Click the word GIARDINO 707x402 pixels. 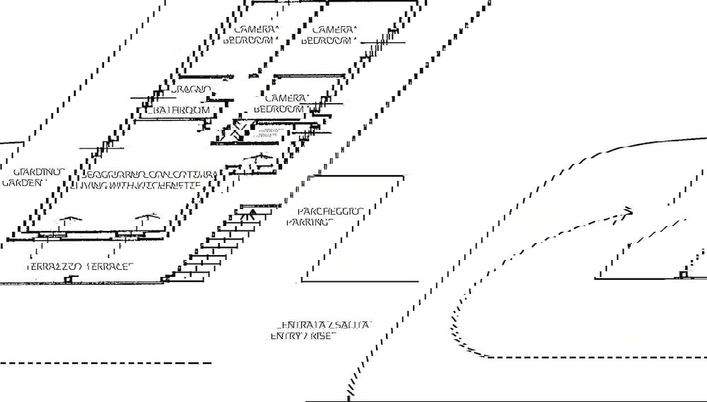point(39,172)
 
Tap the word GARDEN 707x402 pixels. point(24,182)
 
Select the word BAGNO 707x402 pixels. point(192,89)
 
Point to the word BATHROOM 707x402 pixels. point(182,110)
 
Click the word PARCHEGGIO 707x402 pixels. point(329,211)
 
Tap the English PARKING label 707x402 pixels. point(310,222)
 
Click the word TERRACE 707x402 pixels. point(110,267)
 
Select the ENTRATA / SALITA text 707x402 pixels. point(324,324)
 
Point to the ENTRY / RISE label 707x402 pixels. point(303,336)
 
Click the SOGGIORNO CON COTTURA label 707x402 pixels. point(153,174)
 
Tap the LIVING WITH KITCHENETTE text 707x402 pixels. point(135,185)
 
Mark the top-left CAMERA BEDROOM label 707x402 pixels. point(249,35)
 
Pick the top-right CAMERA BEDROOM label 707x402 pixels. point(328,35)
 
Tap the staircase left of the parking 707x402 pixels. point(219,244)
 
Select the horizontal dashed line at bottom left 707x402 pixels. point(106,363)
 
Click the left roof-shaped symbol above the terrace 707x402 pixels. point(68,220)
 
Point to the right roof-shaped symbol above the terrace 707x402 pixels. point(147,218)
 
